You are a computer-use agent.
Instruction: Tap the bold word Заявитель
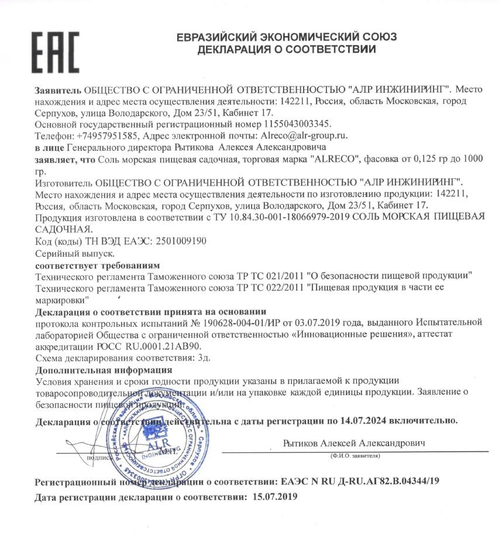point(58,91)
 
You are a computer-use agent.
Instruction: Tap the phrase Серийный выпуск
point(75,254)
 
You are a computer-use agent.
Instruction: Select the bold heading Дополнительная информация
point(104,369)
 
